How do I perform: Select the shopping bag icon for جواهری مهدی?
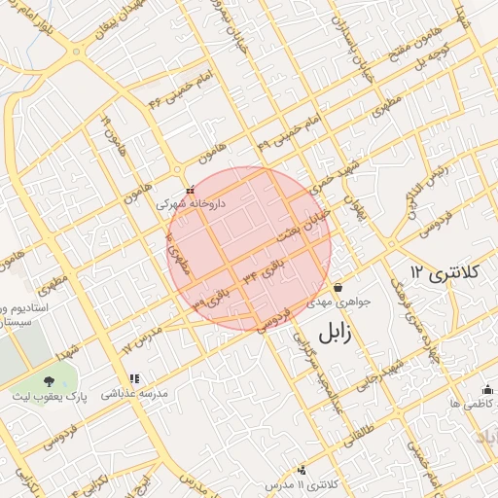point(338,288)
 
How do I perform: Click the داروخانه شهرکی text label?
point(190,205)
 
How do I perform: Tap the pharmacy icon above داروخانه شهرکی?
point(190,191)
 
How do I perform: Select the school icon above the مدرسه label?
point(133,378)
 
